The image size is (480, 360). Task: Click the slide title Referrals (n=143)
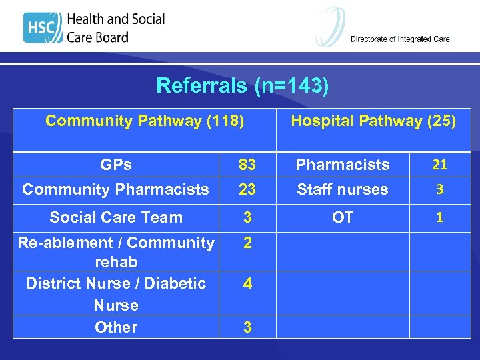tap(243, 86)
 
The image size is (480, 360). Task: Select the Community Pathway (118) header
tap(145, 121)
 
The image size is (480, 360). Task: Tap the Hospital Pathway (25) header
tap(373, 121)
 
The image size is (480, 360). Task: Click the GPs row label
tap(116, 164)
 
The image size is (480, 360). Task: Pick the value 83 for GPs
tap(247, 164)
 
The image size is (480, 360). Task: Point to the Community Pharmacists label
tap(116, 189)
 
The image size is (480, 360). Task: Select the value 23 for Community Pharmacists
tap(247, 189)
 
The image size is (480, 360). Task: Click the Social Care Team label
tap(116, 217)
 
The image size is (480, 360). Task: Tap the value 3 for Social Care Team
tap(247, 217)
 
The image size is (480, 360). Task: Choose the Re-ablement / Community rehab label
tap(116, 252)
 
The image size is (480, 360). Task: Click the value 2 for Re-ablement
tap(247, 243)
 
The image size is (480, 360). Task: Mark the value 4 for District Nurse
tap(247, 283)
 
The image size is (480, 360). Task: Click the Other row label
tap(116, 327)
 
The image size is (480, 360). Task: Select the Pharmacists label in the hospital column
tap(343, 164)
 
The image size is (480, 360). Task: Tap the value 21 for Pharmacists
tap(439, 164)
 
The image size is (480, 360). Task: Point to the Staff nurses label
tap(343, 189)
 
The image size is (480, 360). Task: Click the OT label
tap(343, 217)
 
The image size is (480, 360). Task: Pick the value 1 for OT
tap(439, 217)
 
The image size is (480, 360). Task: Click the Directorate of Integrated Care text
tap(400, 39)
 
